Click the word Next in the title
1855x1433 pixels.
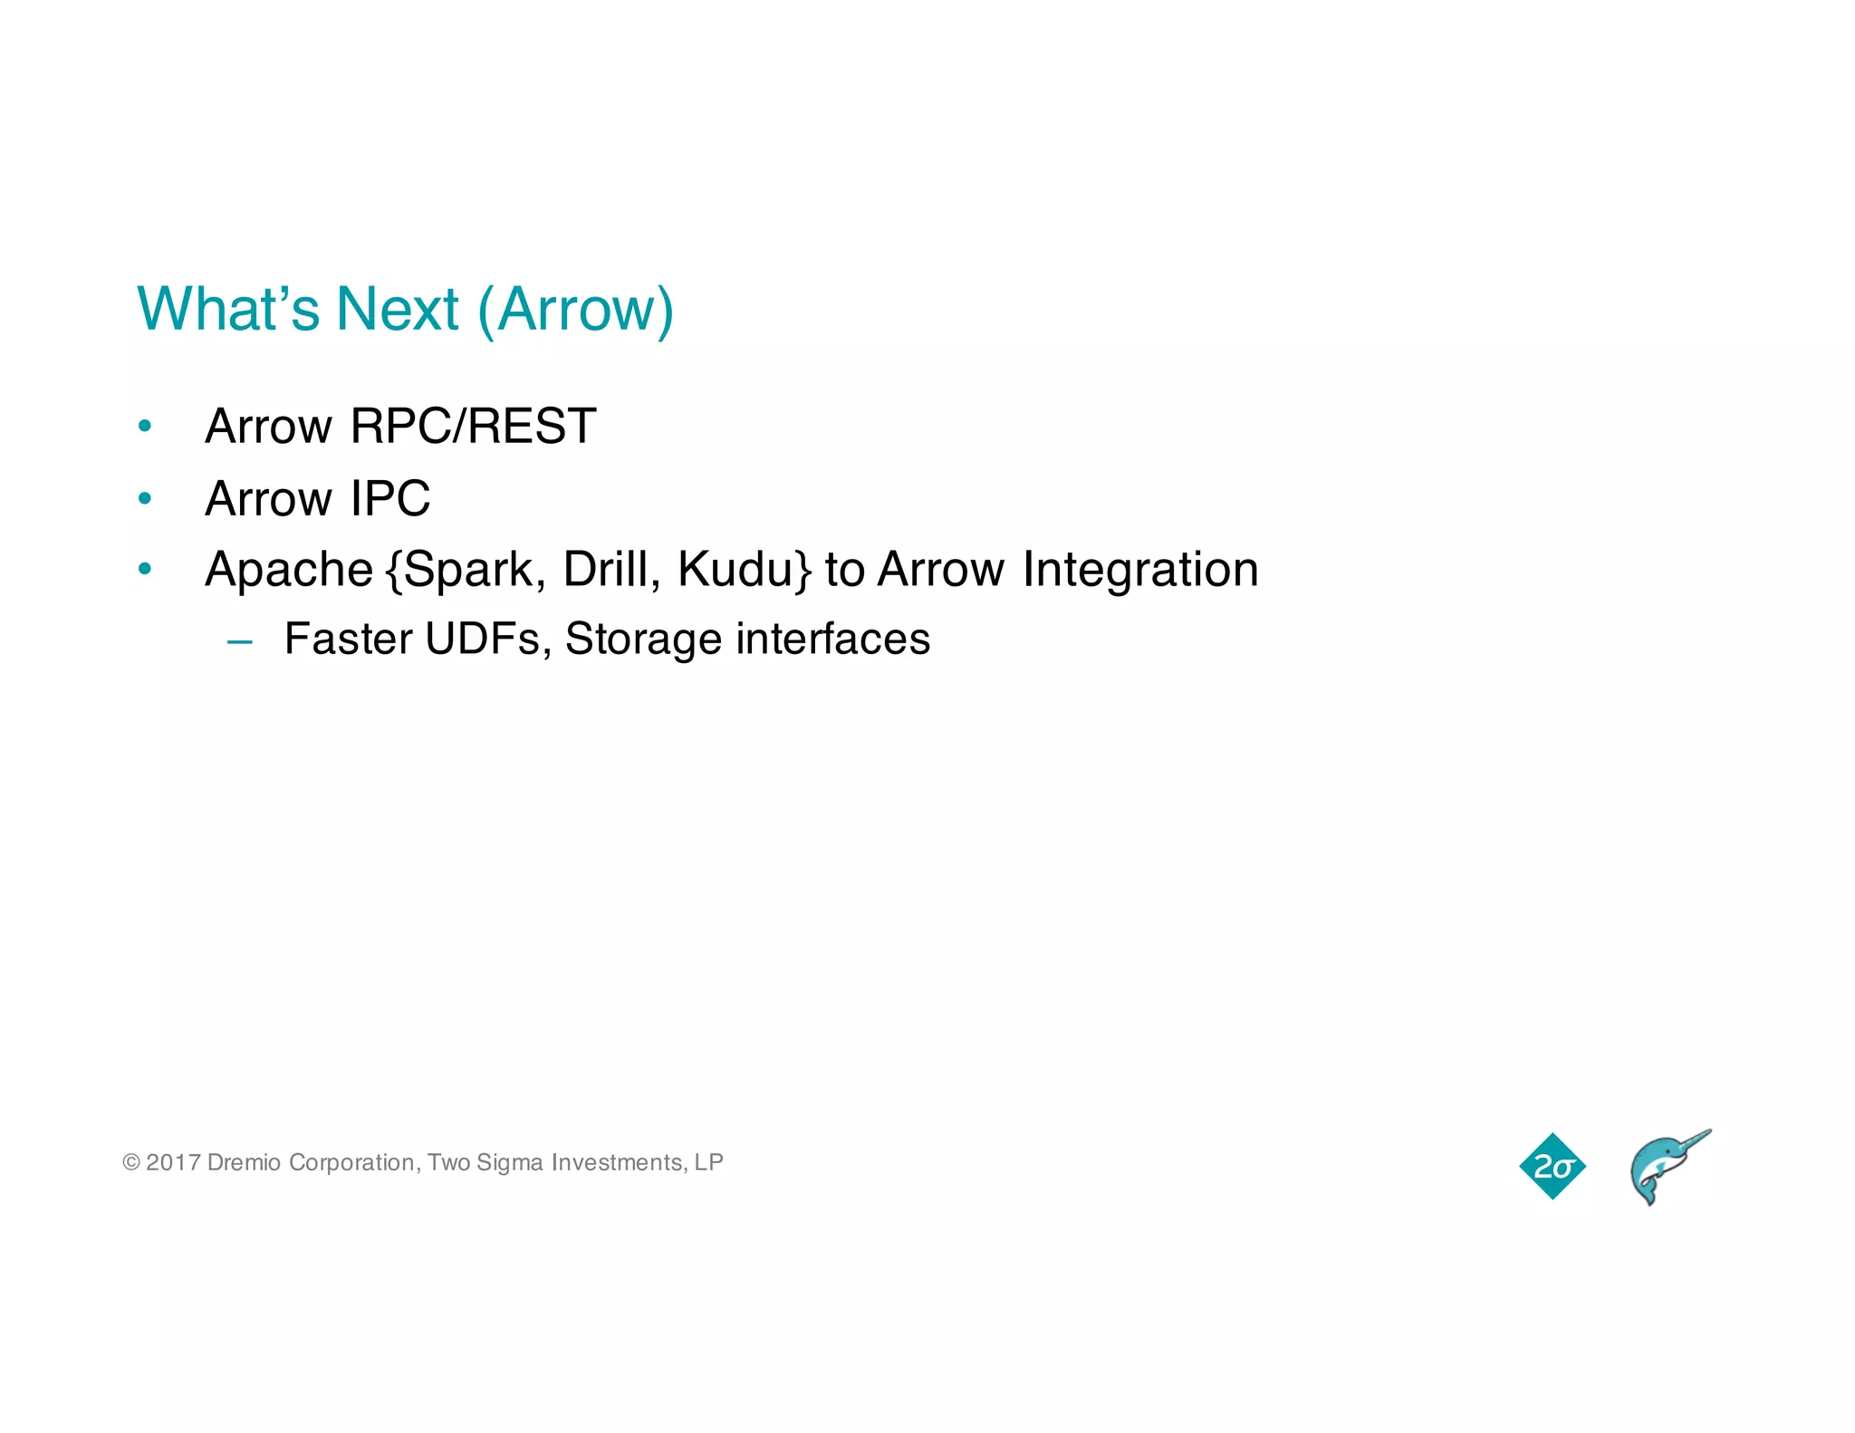[397, 310]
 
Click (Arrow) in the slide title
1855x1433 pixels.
[575, 311]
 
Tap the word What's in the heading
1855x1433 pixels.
[228, 310]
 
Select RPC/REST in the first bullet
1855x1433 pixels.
[473, 426]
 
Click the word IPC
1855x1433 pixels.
[390, 498]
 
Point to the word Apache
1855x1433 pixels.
[289, 570]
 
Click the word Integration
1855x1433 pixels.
[1140, 570]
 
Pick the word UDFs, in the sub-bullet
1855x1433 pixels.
[488, 639]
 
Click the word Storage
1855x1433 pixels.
[643, 640]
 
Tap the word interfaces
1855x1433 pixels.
[832, 639]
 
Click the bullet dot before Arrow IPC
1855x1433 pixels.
[145, 497]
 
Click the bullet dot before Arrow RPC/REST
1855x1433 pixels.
[145, 425]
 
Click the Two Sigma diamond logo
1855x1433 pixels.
[1552, 1166]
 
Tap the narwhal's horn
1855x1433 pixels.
[1691, 1140]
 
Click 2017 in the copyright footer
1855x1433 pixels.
[173, 1162]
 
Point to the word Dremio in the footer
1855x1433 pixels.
[244, 1162]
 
